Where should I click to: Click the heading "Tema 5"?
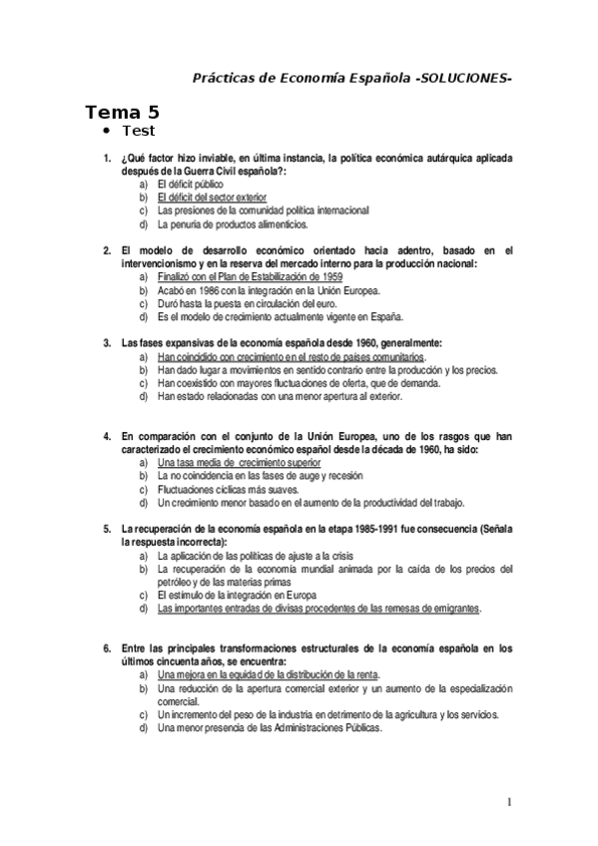pos(121,112)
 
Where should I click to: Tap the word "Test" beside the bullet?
pos(138,132)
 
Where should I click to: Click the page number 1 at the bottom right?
pos(508,802)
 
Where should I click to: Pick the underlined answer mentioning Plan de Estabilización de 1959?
pos(250,276)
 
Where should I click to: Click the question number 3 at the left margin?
pos(106,342)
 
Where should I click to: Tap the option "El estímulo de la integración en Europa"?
pos(245,595)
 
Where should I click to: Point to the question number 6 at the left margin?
pos(106,647)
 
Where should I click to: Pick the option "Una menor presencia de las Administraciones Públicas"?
pos(270,726)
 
